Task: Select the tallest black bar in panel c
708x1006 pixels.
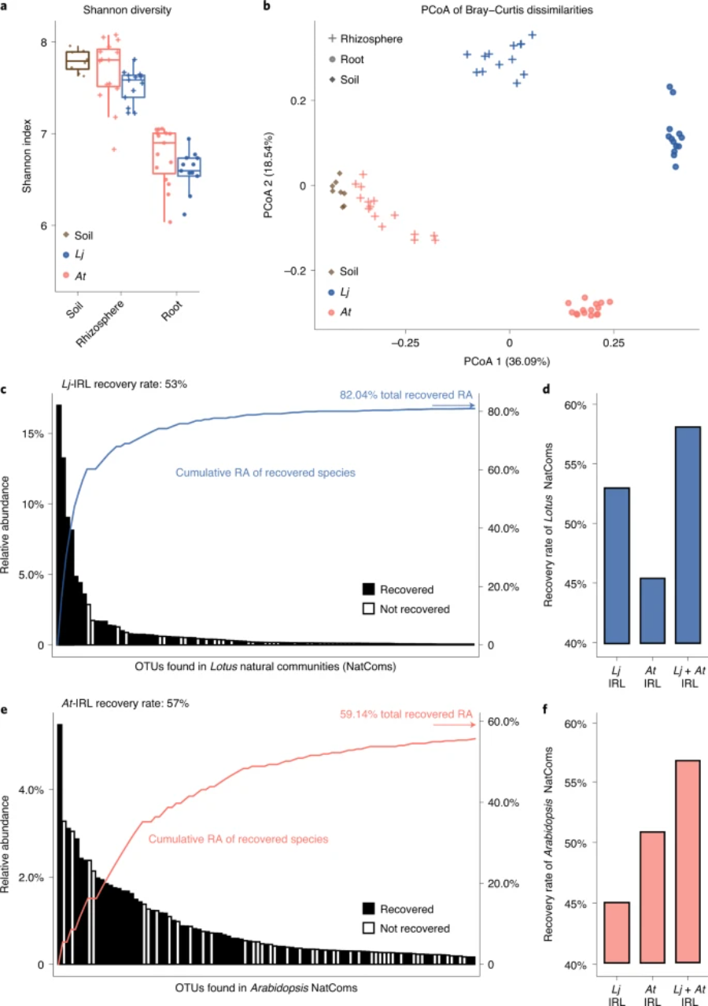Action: (59, 524)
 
